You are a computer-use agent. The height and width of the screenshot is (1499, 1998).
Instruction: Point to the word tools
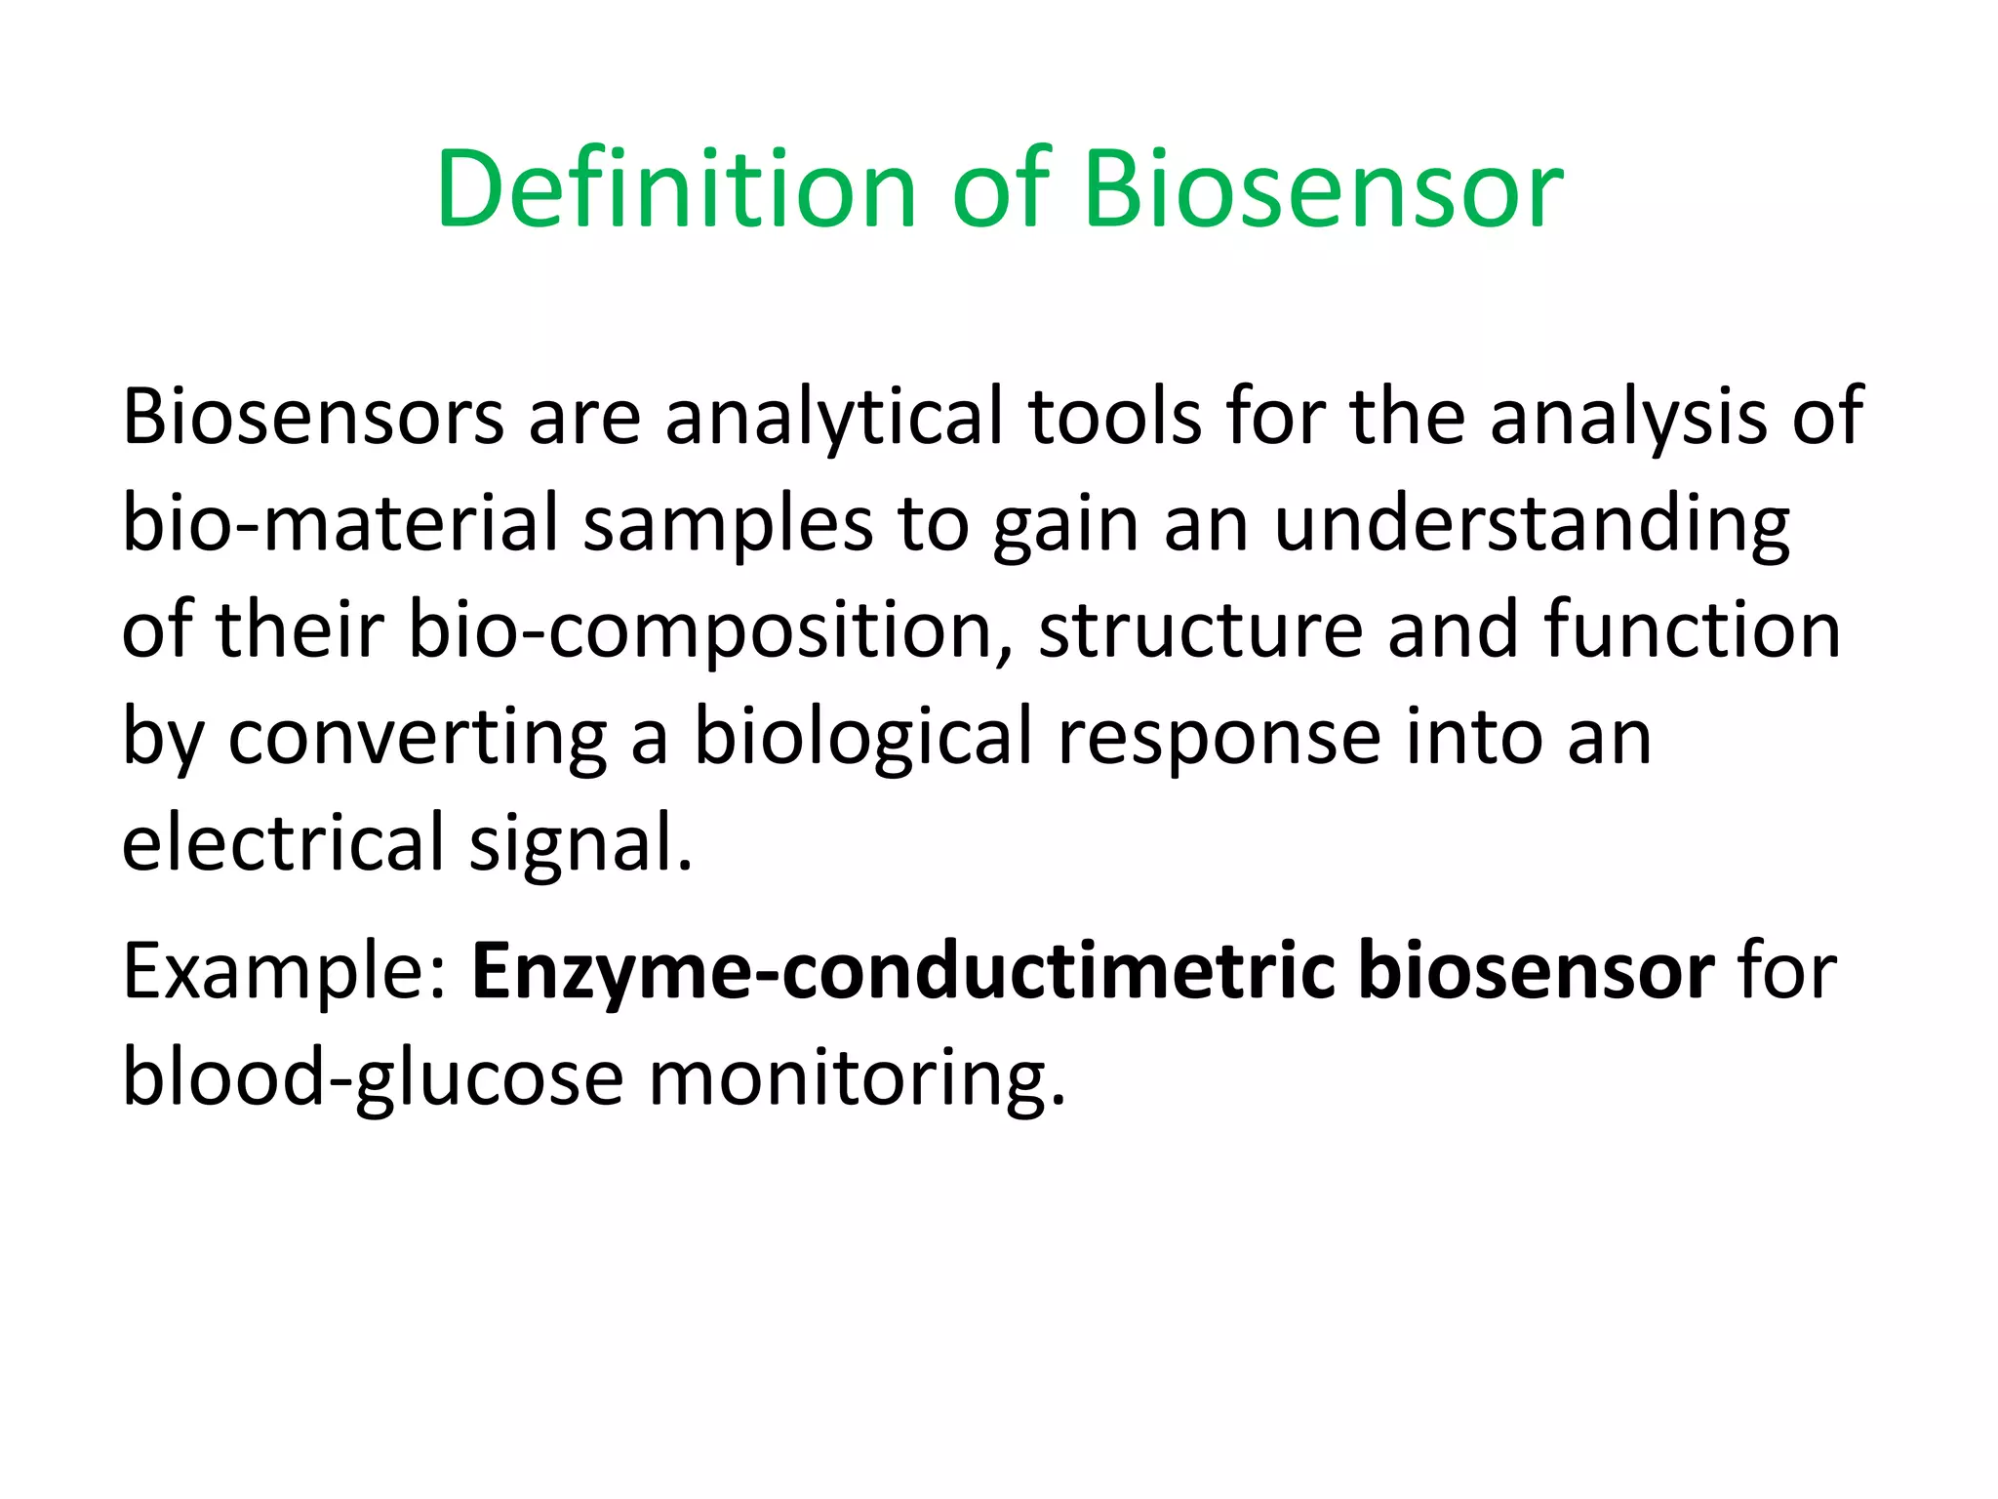pos(1115,417)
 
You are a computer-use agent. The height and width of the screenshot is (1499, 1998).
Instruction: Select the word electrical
pos(283,842)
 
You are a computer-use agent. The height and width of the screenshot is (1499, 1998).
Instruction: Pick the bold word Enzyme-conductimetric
pos(903,973)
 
